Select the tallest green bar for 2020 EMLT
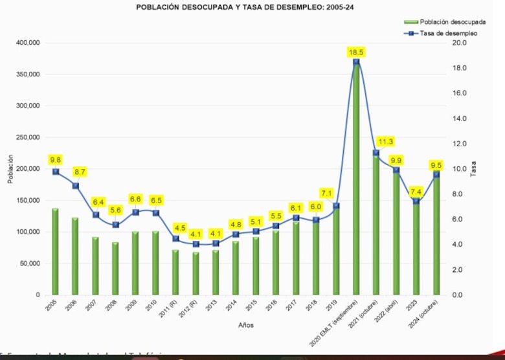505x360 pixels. (355, 181)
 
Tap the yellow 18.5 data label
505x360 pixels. (356, 52)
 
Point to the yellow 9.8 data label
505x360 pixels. (56, 160)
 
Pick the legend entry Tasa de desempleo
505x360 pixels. (448, 33)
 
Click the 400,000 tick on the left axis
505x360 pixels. (27, 43)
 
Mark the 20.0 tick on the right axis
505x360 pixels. (460, 43)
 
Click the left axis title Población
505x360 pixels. (10, 169)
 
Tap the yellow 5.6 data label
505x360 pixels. (115, 210)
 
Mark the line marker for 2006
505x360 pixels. (76, 186)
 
